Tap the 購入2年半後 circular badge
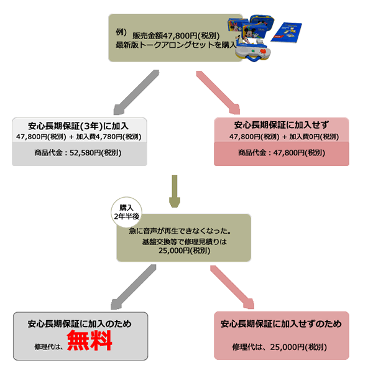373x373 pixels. point(126,211)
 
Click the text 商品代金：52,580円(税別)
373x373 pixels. point(79,152)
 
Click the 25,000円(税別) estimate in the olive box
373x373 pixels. point(183,251)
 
